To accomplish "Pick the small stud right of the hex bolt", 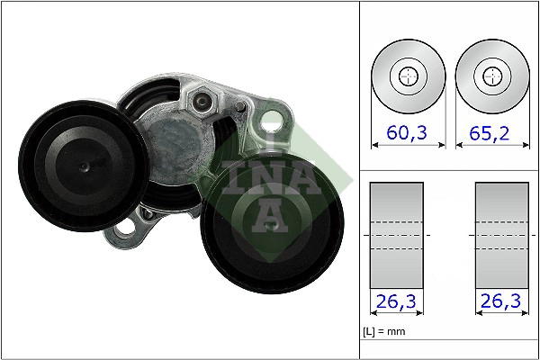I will (239, 107).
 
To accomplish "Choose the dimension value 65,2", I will (490, 133).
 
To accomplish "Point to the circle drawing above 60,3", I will (409, 76).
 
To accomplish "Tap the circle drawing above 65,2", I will (490, 76).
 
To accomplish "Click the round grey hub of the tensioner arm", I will (175, 144).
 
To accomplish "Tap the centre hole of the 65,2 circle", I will (490, 76).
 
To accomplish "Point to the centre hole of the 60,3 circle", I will (409, 76).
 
